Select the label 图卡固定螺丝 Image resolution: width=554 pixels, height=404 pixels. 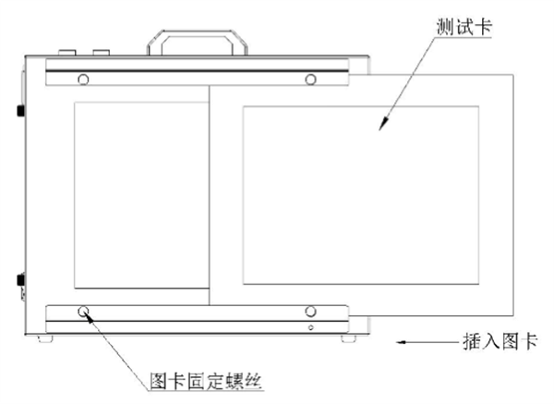click(199, 378)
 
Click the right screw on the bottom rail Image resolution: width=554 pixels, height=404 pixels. click(311, 312)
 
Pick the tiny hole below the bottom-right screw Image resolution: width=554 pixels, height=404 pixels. click(311, 326)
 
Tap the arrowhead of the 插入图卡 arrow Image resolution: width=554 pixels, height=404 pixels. click(399, 343)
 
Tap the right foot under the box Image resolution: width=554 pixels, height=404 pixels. click(344, 339)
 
